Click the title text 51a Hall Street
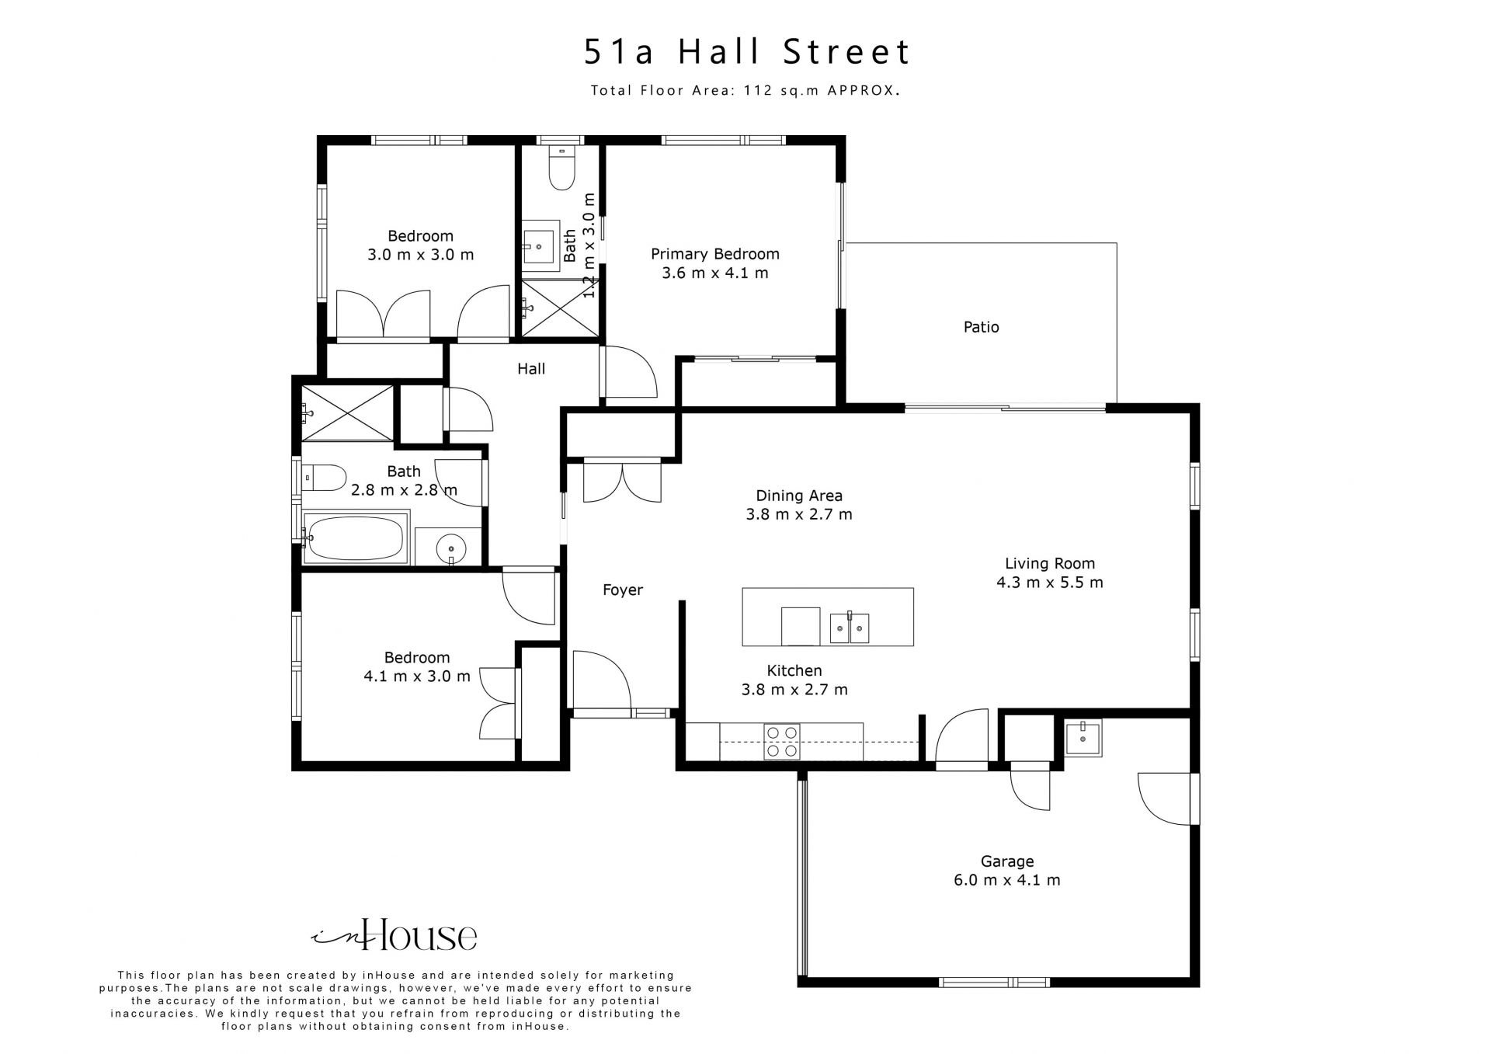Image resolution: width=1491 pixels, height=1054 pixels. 747,52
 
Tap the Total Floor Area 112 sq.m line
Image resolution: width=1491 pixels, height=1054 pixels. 745,90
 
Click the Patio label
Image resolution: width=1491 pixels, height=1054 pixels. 981,327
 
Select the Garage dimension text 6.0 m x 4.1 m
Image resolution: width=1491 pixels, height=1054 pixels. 1007,880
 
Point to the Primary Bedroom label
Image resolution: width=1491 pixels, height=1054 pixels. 714,254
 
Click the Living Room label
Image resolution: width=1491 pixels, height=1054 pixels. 1050,564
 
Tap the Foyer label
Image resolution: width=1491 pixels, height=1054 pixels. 623,590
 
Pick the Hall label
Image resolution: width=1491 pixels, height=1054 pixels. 531,369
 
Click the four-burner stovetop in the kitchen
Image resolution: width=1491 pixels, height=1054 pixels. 781,741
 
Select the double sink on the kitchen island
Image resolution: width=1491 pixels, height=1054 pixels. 850,628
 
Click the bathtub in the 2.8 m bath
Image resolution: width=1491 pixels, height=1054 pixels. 356,537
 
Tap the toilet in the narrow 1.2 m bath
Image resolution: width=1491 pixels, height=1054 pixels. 561,168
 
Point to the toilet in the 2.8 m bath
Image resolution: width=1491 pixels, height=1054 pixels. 324,478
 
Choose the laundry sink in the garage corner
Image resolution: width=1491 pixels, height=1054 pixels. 1083,738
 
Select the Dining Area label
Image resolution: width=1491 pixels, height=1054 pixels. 799,496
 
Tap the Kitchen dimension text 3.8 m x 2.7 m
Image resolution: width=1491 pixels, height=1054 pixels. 794,689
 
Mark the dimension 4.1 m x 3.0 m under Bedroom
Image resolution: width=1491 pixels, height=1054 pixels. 417,677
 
